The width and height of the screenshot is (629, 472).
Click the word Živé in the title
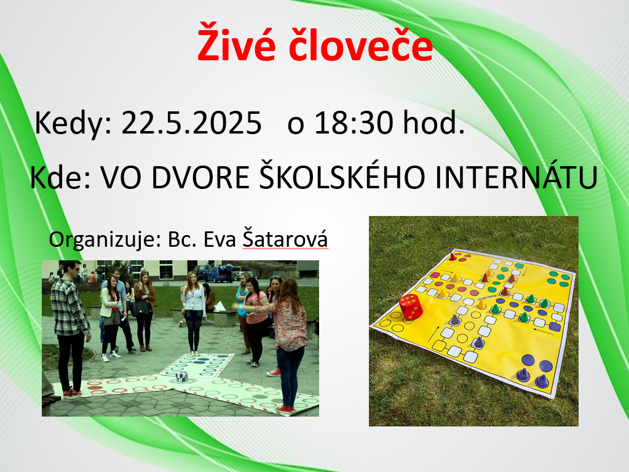tap(236, 42)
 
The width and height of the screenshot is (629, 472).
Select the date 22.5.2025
tap(191, 122)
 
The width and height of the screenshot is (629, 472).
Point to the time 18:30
tap(354, 122)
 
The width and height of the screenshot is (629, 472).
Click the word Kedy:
tap(73, 124)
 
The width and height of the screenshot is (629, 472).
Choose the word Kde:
tap(61, 177)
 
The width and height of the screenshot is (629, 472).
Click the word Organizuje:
tap(105, 240)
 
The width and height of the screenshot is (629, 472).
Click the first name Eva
tap(220, 239)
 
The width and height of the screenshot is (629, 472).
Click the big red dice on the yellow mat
tap(410, 306)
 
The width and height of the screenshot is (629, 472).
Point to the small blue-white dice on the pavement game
tap(182, 377)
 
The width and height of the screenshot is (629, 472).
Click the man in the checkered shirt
tap(71, 327)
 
